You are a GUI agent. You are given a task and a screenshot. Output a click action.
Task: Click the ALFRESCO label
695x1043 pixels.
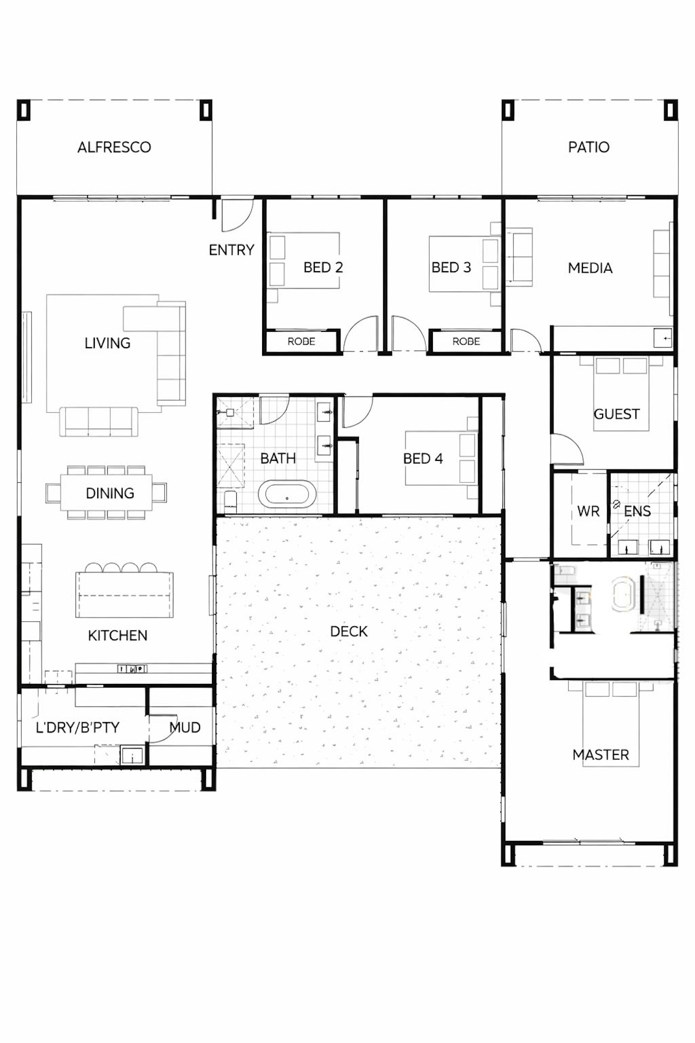click(114, 147)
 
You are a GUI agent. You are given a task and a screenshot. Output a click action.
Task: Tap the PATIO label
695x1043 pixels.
click(589, 147)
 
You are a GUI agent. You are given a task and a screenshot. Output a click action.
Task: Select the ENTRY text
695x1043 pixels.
click(231, 250)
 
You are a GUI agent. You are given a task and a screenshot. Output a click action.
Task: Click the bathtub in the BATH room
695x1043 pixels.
click(287, 494)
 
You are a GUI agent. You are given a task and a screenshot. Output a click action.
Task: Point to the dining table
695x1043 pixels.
click(107, 493)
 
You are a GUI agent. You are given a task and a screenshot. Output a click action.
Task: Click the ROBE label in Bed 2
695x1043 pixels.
click(301, 341)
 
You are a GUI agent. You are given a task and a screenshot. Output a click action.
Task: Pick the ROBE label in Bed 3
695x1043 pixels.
click(466, 341)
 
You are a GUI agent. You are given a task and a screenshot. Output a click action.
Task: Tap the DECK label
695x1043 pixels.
click(349, 631)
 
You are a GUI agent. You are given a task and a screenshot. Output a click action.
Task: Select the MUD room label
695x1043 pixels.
click(185, 728)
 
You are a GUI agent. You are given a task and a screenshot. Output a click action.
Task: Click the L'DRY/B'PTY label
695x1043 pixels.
click(77, 728)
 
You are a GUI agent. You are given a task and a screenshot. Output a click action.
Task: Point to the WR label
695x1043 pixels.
click(588, 511)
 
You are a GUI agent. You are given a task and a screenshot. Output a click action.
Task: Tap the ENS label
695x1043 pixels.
click(637, 511)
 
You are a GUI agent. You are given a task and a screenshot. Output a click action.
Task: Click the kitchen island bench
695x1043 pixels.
click(125, 595)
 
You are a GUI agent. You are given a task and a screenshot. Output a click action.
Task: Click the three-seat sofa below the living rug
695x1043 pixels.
click(99, 422)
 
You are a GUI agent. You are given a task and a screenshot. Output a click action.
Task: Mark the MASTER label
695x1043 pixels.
click(601, 755)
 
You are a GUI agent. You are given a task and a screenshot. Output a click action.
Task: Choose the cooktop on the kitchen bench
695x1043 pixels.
click(132, 669)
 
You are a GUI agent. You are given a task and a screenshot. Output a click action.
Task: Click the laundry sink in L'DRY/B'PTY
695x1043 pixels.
click(133, 756)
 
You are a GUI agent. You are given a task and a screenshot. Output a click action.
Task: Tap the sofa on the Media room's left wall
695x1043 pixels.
click(519, 257)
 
